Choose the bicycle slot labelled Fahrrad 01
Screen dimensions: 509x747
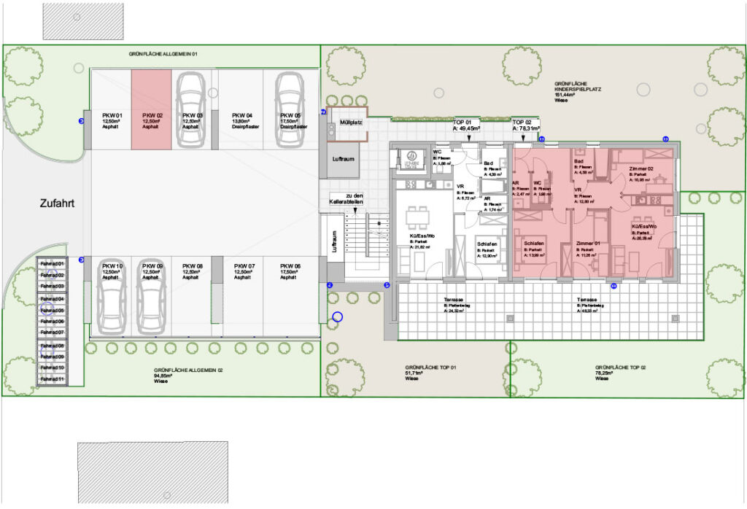click(52, 263)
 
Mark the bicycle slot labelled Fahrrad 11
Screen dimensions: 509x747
click(52, 379)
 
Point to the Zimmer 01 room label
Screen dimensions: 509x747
click(587, 242)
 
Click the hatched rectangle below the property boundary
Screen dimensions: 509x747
click(153, 471)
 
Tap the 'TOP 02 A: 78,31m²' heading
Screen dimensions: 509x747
click(526, 126)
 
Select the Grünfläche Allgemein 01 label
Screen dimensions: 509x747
click(163, 54)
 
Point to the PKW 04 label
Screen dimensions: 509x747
click(242, 115)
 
